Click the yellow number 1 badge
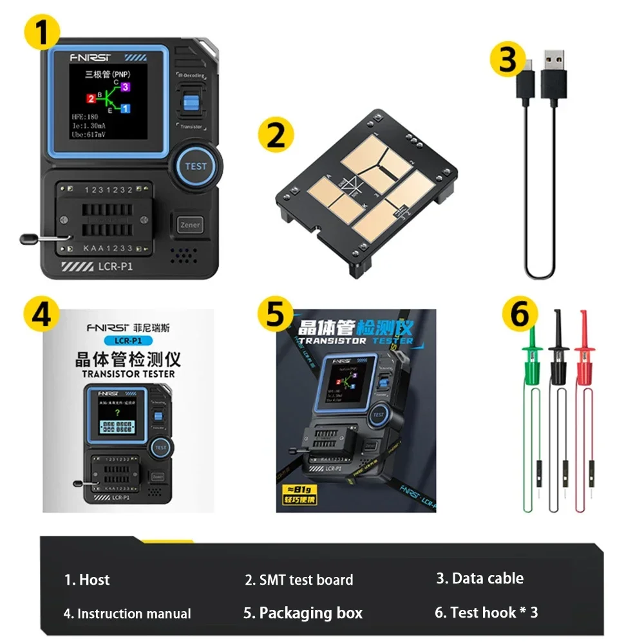tap(43, 33)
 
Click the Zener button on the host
tap(191, 225)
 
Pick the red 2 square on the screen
tap(91, 98)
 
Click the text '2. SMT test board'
tap(299, 580)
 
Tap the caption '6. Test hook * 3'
tap(486, 612)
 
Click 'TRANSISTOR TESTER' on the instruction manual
tap(128, 374)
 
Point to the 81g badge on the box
tap(302, 492)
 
